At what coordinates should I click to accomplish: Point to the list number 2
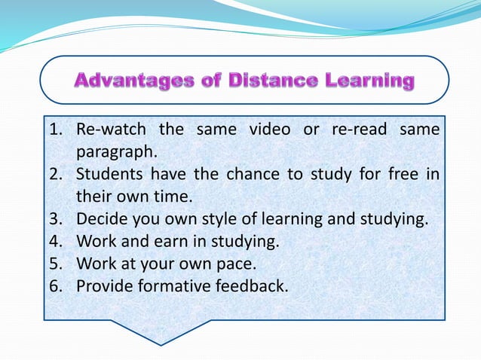click(54, 175)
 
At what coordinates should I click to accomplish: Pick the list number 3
click(54, 219)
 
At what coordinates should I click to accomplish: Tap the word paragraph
click(116, 153)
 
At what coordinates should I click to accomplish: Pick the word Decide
click(100, 219)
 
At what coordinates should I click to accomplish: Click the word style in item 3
click(214, 219)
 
